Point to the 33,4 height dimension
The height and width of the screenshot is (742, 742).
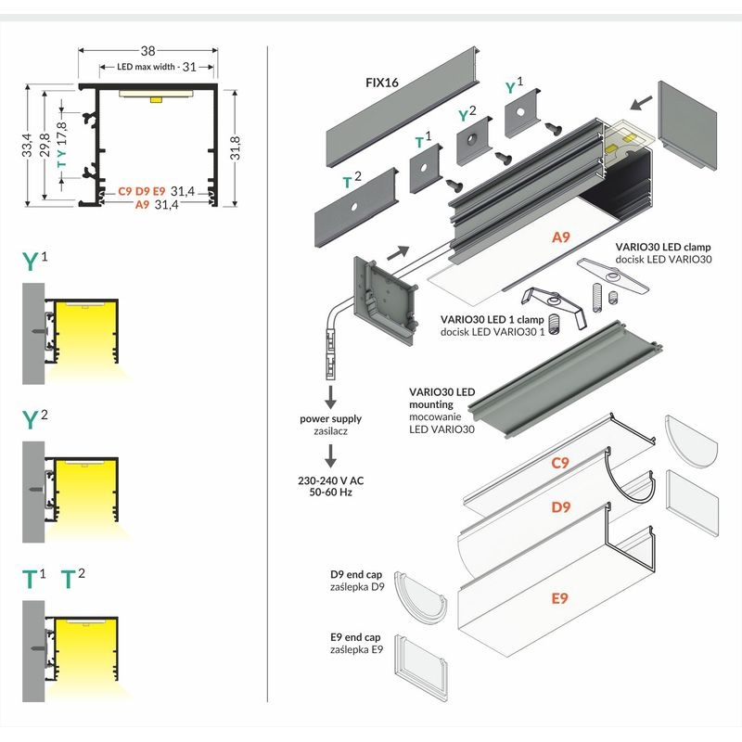(28, 147)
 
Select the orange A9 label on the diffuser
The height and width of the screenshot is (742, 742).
(560, 237)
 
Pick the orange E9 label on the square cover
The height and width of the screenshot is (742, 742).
(559, 598)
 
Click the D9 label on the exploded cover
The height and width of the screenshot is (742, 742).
(559, 507)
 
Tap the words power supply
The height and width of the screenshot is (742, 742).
(330, 419)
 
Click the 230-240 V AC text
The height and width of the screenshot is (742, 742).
(330, 480)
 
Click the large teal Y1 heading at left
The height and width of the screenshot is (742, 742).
(35, 260)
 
